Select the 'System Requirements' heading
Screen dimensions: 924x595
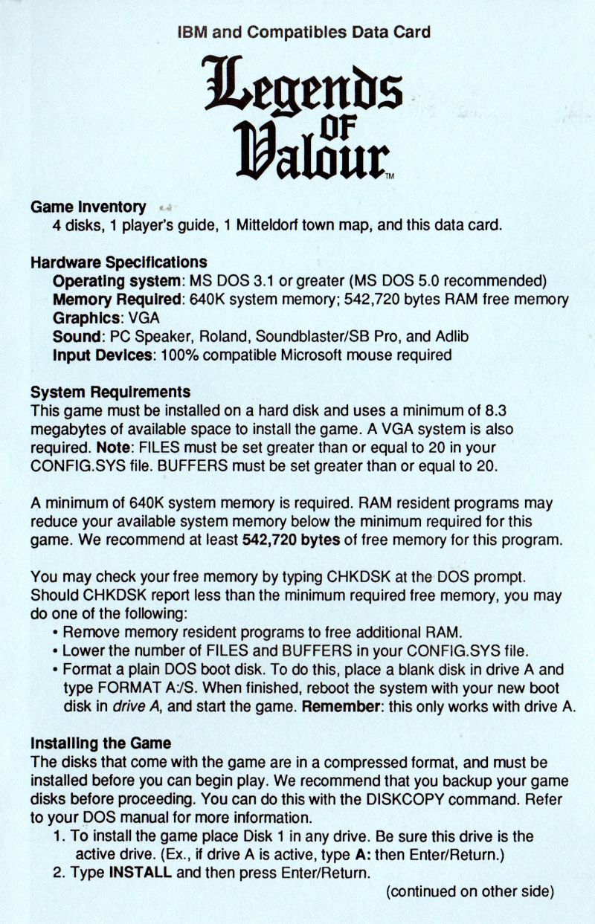click(110, 392)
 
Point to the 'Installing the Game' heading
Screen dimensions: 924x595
click(100, 743)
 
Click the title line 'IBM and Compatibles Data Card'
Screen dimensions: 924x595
click(303, 32)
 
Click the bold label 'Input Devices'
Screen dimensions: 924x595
click(102, 355)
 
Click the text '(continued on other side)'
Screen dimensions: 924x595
click(470, 891)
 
